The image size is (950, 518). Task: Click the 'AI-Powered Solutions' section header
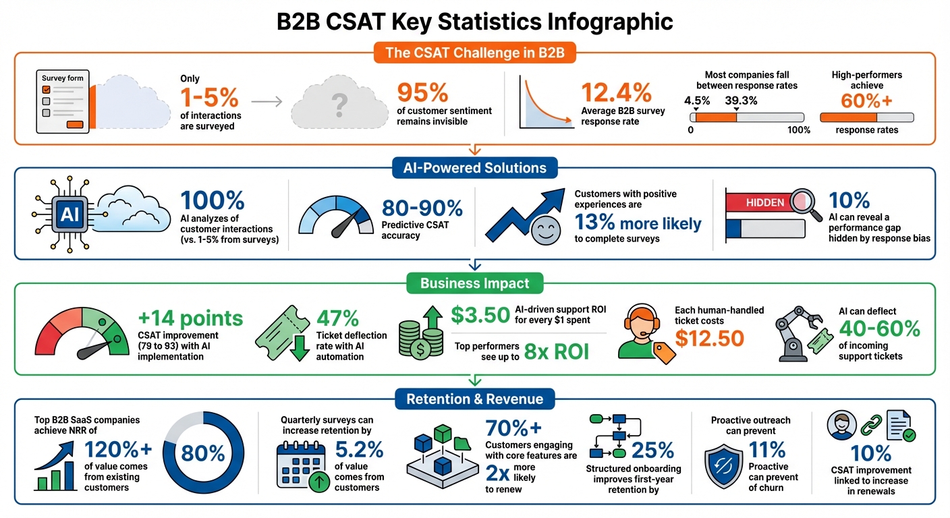tap(474, 167)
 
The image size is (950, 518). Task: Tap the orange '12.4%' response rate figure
tap(616, 92)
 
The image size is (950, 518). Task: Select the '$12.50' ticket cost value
tap(709, 338)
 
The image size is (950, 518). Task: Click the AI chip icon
tap(69, 214)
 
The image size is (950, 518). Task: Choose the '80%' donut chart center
tap(202, 454)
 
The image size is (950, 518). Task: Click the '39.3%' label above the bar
tap(739, 100)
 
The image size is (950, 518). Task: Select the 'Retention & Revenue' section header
tap(474, 399)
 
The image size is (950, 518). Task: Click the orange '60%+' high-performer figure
tap(866, 100)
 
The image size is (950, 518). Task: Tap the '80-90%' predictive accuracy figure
tap(422, 208)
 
